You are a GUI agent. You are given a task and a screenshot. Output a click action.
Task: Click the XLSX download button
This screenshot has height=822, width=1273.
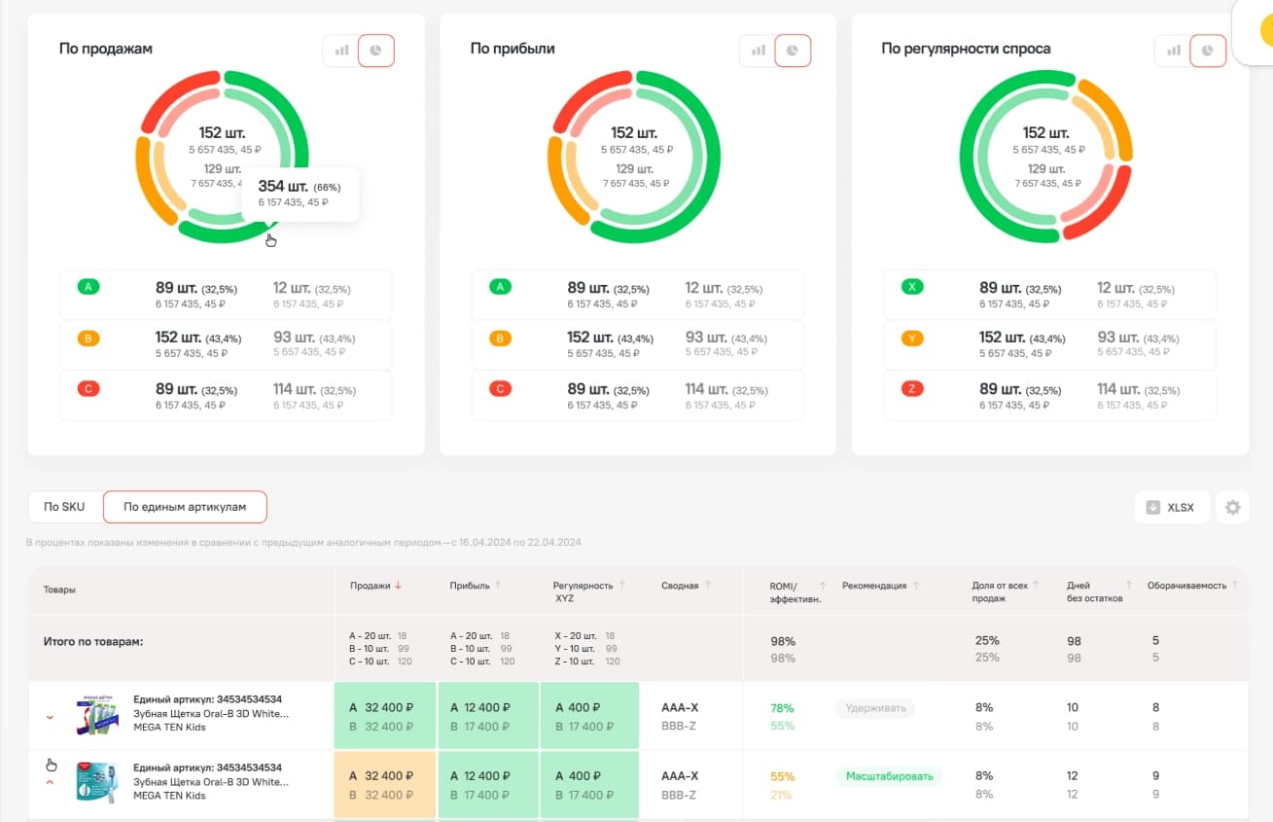click(x=1171, y=507)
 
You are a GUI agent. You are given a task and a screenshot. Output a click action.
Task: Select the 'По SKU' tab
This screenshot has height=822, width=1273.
click(x=65, y=507)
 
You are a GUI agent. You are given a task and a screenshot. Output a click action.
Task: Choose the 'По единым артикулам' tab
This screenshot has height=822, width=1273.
click(x=185, y=507)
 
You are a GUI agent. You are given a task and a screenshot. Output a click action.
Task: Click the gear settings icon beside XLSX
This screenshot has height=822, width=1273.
click(x=1232, y=507)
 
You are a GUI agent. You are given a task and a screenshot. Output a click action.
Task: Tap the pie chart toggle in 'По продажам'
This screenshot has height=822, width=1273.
click(x=376, y=51)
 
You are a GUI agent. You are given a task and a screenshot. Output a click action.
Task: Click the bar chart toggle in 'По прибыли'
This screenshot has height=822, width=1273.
click(x=758, y=51)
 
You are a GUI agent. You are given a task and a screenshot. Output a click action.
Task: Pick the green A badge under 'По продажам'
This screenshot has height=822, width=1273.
click(x=88, y=287)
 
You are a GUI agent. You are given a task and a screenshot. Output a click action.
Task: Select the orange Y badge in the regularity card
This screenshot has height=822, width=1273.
click(x=912, y=339)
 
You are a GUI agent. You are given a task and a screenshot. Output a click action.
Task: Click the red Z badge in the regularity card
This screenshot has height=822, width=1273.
click(x=912, y=389)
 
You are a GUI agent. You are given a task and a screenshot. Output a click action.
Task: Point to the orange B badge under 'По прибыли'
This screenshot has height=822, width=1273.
click(x=500, y=339)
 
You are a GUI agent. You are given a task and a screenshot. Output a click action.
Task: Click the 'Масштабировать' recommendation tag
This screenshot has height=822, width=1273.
click(x=889, y=776)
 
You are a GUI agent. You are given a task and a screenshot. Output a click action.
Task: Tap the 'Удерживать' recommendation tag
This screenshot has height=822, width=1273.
click(x=875, y=708)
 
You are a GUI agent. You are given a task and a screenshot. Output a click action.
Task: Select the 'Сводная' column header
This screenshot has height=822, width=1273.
click(x=679, y=586)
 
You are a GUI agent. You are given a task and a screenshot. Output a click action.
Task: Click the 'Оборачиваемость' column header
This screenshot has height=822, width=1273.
click(x=1186, y=586)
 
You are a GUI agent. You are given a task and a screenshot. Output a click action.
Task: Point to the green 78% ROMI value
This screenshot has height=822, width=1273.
click(x=782, y=708)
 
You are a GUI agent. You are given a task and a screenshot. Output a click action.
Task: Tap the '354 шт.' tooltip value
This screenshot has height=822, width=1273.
click(x=284, y=186)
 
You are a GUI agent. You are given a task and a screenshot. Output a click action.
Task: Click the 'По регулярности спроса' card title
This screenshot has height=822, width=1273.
click(x=965, y=49)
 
